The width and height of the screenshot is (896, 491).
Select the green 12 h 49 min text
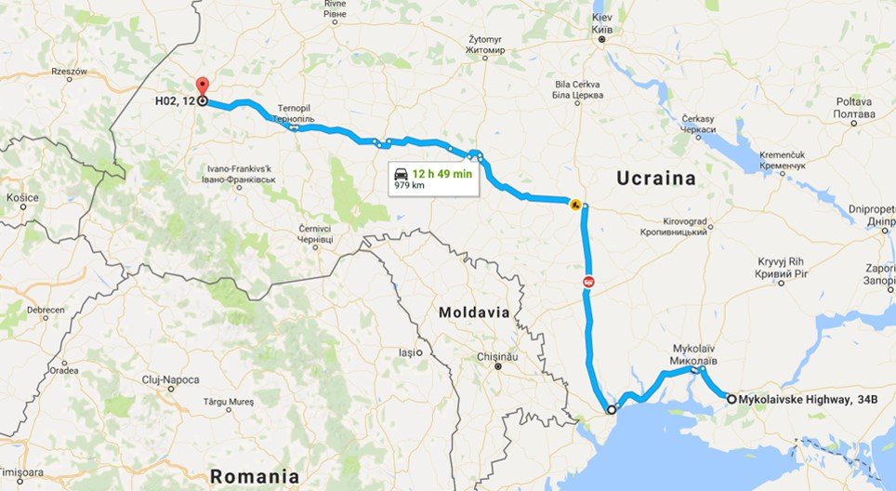[x=443, y=174]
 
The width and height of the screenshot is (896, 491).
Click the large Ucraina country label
[x=654, y=179]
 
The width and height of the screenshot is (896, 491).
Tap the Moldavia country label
[x=474, y=312]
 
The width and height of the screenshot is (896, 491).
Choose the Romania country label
[x=254, y=475]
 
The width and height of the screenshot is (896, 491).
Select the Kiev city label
[x=601, y=23]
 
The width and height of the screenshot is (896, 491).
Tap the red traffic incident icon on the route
[x=588, y=281]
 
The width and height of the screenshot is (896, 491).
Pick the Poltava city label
[x=853, y=106]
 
